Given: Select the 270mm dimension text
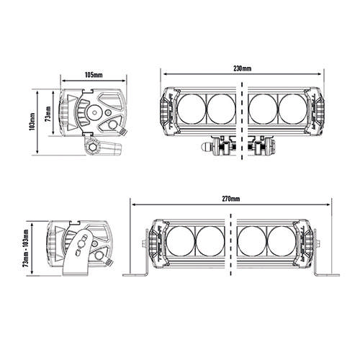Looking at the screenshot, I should (x=231, y=197).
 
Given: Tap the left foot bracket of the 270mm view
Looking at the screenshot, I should (x=138, y=272).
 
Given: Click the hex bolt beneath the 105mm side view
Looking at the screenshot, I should (x=92, y=147).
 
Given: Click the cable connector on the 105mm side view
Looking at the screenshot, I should (x=112, y=125).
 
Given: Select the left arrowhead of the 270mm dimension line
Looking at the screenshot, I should (x=132, y=204).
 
